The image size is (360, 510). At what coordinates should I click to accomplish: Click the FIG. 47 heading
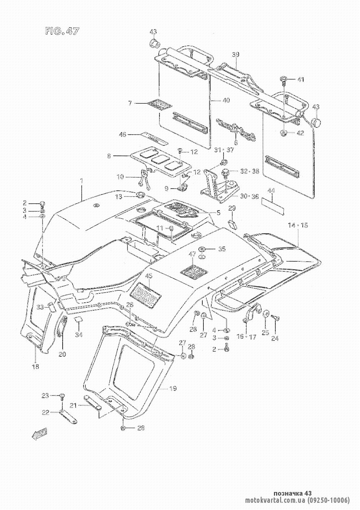62,32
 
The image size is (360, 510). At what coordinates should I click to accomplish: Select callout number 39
235,55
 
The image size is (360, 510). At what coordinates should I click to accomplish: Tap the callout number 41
301,79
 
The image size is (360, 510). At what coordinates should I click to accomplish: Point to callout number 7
130,103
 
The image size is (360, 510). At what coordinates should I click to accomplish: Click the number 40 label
225,100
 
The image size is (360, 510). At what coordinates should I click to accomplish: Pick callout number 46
123,135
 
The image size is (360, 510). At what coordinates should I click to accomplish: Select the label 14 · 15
298,226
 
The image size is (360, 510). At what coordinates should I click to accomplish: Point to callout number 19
173,389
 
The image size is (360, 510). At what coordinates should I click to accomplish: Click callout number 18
36,367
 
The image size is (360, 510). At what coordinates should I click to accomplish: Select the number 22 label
45,412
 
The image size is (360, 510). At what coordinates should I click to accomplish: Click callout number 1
82,182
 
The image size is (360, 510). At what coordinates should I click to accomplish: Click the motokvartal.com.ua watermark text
297,500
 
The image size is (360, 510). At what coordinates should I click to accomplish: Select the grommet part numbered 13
140,195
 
